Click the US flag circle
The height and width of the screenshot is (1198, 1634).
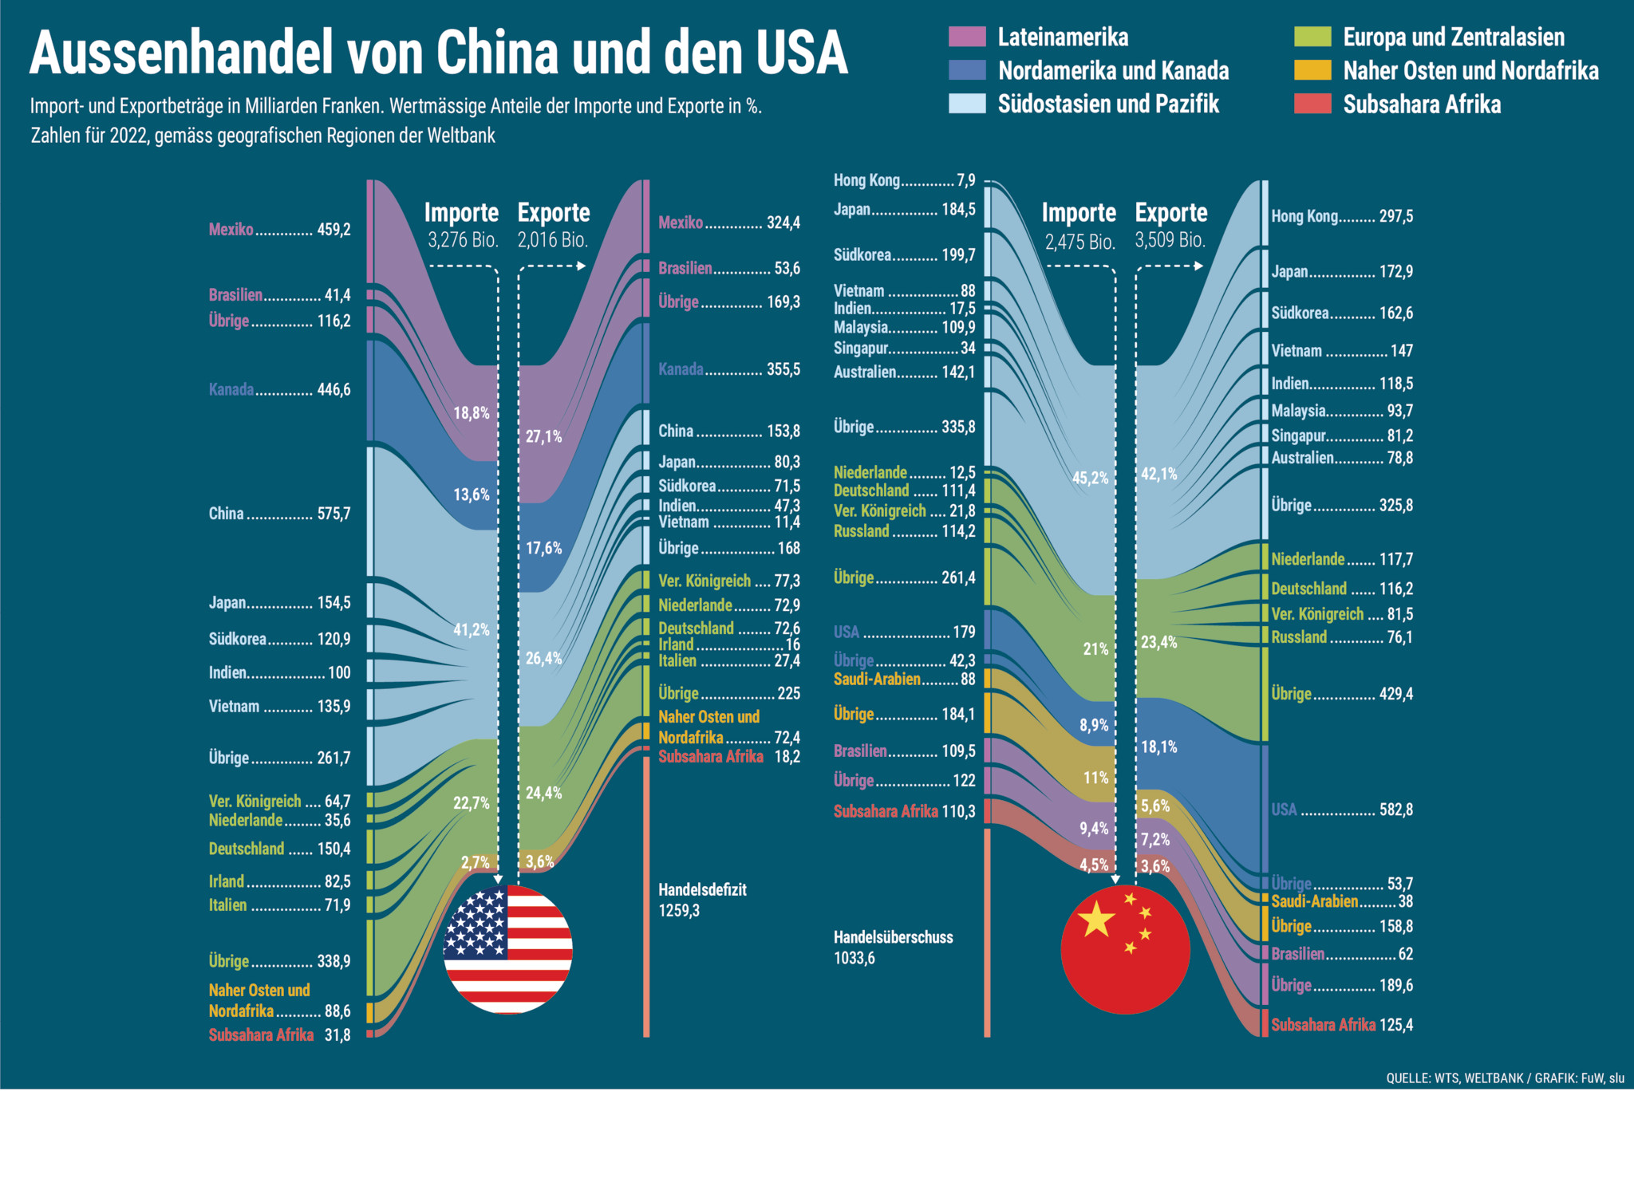(507, 949)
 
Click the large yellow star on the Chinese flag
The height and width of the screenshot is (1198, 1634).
(1096, 919)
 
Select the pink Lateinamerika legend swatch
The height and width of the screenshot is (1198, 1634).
(967, 37)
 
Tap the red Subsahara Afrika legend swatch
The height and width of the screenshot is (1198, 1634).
(1312, 104)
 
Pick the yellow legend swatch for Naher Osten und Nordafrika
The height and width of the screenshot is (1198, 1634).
(1312, 70)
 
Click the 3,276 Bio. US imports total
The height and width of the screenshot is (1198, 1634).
(463, 240)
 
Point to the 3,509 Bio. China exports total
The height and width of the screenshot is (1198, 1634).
(1170, 240)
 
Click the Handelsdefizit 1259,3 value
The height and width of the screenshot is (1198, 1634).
(679, 911)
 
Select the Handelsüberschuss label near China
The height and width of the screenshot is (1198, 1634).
(893, 937)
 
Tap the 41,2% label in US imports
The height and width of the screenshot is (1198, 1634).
(472, 629)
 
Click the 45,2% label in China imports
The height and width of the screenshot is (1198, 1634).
(1090, 478)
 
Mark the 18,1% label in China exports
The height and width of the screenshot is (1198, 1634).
(1158, 747)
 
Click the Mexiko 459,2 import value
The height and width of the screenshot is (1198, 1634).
(334, 230)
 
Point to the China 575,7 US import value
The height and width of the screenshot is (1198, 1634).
(334, 514)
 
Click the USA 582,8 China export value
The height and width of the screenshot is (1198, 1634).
(1395, 810)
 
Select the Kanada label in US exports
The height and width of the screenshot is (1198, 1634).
(681, 369)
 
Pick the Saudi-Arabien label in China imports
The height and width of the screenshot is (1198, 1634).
(877, 680)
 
